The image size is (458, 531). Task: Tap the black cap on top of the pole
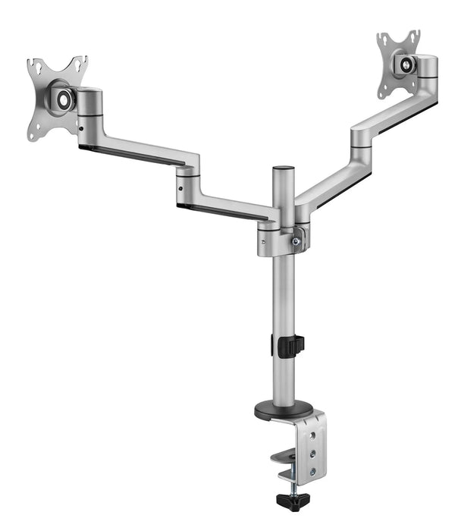click(283, 169)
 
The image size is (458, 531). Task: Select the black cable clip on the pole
click(289, 346)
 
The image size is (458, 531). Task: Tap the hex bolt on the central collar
click(296, 242)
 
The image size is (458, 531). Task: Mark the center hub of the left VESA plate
click(62, 98)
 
